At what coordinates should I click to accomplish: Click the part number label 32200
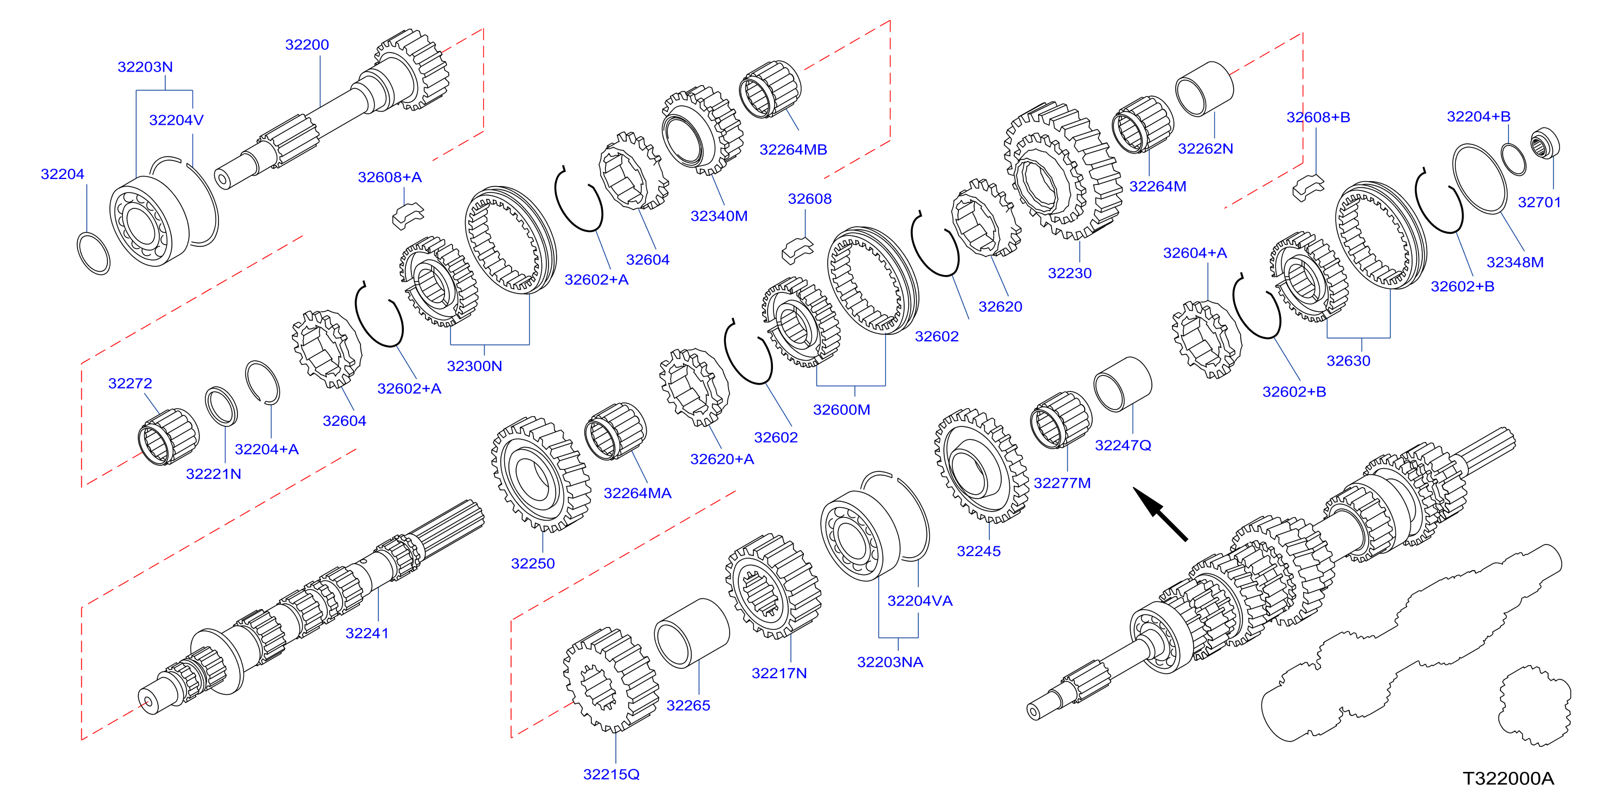click(x=307, y=45)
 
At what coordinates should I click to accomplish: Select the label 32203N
click(x=145, y=67)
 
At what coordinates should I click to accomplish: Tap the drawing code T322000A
click(x=1508, y=778)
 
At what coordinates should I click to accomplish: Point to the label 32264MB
click(x=793, y=150)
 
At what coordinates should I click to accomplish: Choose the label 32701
click(x=1539, y=202)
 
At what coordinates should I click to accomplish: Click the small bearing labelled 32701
click(x=1545, y=143)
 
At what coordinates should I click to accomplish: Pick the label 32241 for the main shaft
click(x=367, y=634)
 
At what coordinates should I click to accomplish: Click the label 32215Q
click(x=611, y=774)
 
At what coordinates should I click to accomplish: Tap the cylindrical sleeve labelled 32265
click(x=692, y=632)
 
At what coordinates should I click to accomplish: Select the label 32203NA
click(x=890, y=662)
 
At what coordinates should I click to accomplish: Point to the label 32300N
click(x=474, y=366)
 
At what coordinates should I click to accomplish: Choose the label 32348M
click(x=1515, y=263)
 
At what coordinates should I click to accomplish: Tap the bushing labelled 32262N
click(x=1204, y=89)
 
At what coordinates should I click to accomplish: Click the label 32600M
click(x=841, y=410)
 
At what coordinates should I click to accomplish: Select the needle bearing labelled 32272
click(x=169, y=436)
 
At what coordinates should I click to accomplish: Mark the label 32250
click(x=533, y=564)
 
